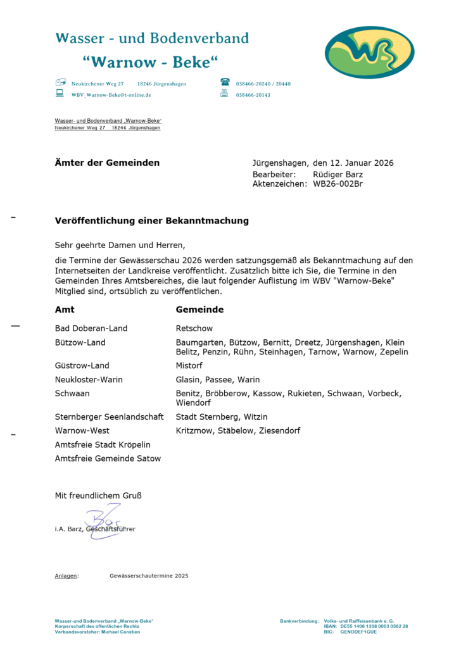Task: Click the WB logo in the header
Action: [x=370, y=53]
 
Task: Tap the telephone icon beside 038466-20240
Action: [x=225, y=83]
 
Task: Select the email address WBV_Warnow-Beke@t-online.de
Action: [x=111, y=94]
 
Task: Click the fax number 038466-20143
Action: [x=253, y=94]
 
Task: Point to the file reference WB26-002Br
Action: [x=338, y=184]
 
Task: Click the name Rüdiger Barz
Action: [x=338, y=173]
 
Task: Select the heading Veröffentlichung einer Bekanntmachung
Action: [x=152, y=221]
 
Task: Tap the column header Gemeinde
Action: [x=199, y=310]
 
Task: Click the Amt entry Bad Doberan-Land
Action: [x=91, y=328]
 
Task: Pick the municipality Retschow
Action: [x=194, y=328]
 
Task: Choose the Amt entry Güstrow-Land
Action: [x=82, y=365]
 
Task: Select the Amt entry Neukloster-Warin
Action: [x=89, y=379]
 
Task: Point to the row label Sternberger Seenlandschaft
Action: [x=110, y=417]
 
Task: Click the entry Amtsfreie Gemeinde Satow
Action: [x=108, y=458]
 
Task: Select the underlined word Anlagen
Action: [x=66, y=575]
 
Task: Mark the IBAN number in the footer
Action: [x=374, y=626]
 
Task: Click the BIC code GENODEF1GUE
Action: [x=358, y=631]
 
